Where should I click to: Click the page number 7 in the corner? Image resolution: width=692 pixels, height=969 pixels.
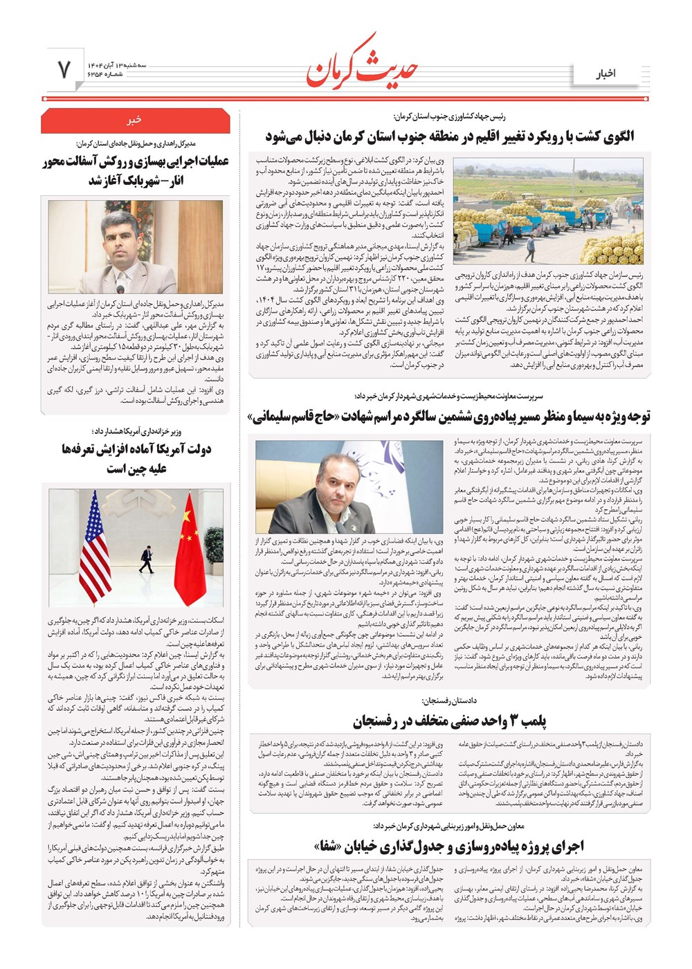point(64,69)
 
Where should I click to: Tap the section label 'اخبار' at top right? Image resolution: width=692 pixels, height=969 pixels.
point(606,73)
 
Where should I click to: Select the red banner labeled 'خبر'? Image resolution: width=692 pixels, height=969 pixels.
point(135,120)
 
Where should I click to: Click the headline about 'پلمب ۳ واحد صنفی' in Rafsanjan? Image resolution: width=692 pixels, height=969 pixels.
point(449,721)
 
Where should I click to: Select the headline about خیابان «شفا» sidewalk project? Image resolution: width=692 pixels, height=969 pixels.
point(449,845)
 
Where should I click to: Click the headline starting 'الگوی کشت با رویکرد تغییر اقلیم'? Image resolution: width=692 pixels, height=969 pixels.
point(449,136)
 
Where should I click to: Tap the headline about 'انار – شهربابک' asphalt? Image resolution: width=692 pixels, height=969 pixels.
point(136,171)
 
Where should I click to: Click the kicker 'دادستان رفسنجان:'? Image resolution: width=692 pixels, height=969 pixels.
point(449,701)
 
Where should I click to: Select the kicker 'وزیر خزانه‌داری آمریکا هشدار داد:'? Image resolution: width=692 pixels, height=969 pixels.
point(136,431)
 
